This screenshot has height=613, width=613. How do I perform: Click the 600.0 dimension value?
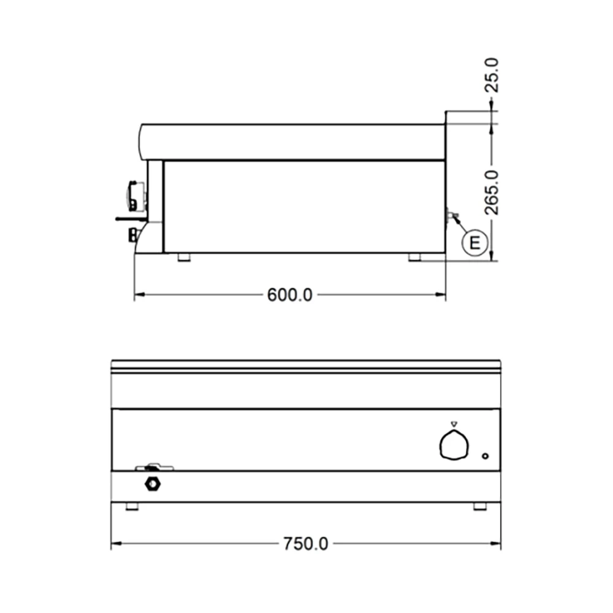pyautogui.click(x=290, y=295)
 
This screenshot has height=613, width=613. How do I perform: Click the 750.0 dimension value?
pyautogui.click(x=306, y=544)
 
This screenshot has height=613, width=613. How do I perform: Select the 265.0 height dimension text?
pyautogui.click(x=492, y=192)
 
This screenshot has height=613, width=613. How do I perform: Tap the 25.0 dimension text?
pyautogui.click(x=492, y=75)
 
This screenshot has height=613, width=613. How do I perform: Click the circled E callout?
pyautogui.click(x=474, y=243)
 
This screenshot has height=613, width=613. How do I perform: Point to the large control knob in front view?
pyautogui.click(x=454, y=445)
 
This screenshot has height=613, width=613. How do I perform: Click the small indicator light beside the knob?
pyautogui.click(x=485, y=456)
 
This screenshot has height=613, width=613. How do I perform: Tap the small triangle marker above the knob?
pyautogui.click(x=454, y=424)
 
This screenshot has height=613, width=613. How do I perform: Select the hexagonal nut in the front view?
pyautogui.click(x=153, y=484)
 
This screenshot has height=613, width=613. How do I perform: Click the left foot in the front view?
pyautogui.click(x=132, y=506)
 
